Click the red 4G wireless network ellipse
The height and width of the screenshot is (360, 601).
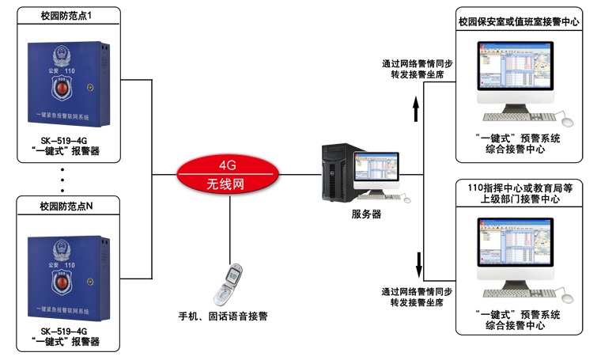(x=228, y=175)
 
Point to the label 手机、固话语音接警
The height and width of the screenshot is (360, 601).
(x=223, y=316)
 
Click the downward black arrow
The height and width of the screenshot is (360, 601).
(x=418, y=260)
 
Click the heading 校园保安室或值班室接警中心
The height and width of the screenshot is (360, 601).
(x=519, y=22)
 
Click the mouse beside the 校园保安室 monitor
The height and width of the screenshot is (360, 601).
(x=565, y=120)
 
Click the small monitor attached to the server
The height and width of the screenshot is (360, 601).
(x=376, y=170)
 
